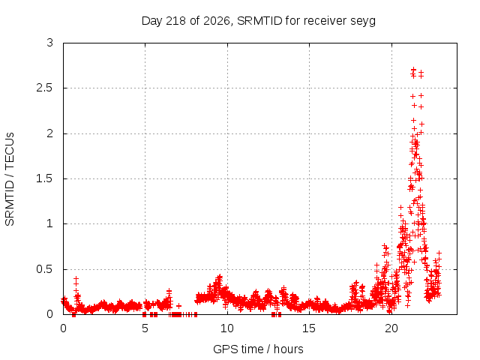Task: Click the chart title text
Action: (x=259, y=21)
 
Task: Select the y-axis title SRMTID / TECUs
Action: (x=10, y=179)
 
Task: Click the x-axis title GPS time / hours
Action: (x=258, y=349)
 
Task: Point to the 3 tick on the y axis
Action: (x=50, y=43)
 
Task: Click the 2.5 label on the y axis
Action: (x=45, y=88)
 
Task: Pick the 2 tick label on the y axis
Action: (x=50, y=133)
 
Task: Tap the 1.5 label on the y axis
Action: (x=45, y=178)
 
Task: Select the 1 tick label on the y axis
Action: (x=50, y=223)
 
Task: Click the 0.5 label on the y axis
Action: (x=45, y=269)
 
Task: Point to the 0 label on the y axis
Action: (x=50, y=314)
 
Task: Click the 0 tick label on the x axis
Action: (x=63, y=328)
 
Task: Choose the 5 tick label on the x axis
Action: (x=145, y=328)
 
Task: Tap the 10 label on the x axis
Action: (x=227, y=328)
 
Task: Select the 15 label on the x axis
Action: (x=309, y=328)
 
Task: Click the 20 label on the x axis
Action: (x=391, y=328)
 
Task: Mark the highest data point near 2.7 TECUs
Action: (x=413, y=70)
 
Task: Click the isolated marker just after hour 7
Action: (x=178, y=305)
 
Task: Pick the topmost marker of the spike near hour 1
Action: (x=76, y=278)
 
